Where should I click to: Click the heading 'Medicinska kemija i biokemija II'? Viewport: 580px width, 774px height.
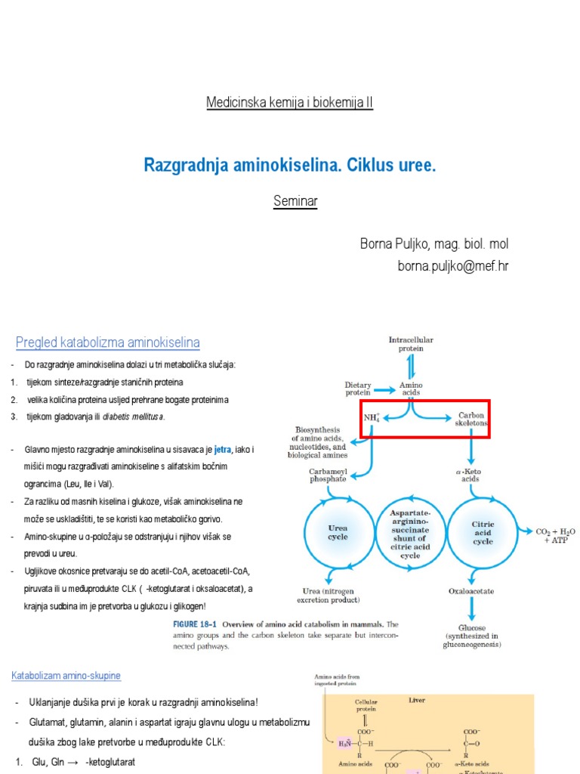point(289,103)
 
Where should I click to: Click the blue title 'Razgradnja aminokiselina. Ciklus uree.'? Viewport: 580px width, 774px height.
point(290,166)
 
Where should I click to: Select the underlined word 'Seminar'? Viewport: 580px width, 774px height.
point(295,201)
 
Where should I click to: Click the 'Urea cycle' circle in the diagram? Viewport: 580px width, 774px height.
point(338,531)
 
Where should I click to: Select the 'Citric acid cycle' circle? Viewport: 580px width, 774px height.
point(483,531)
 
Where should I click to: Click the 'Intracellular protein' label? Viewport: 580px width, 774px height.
point(411,344)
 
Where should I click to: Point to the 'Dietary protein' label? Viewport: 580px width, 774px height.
point(358,389)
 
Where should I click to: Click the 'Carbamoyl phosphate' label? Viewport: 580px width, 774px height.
point(328,474)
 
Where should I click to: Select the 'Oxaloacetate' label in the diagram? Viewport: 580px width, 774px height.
point(472,591)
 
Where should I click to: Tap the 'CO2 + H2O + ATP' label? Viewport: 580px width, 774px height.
point(555,536)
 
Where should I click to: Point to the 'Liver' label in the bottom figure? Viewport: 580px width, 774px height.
point(417,700)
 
